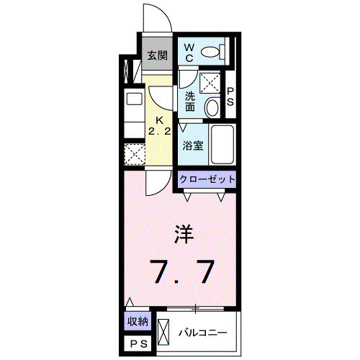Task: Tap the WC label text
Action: pyautogui.click(x=189, y=51)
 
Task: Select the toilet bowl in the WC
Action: pyautogui.click(x=212, y=52)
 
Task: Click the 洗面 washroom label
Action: pyautogui.click(x=190, y=102)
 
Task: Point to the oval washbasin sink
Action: pyautogui.click(x=213, y=108)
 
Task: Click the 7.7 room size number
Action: pyautogui.click(x=182, y=271)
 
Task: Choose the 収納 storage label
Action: pyautogui.click(x=138, y=322)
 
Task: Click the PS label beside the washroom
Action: pyautogui.click(x=230, y=97)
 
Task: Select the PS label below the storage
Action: pyautogui.click(x=138, y=345)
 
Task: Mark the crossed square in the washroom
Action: pyautogui.click(x=210, y=84)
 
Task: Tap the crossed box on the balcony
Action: pyautogui.click(x=163, y=333)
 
